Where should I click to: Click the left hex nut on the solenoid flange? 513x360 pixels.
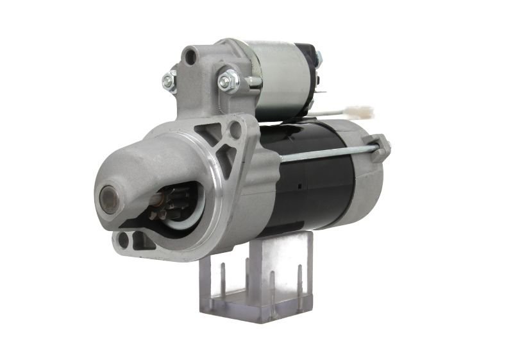[x=169, y=80]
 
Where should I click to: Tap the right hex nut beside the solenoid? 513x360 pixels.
[x=226, y=80]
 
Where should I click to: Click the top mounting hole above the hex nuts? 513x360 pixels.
[x=190, y=56]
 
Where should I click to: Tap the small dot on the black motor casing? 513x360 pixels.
[x=299, y=187]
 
